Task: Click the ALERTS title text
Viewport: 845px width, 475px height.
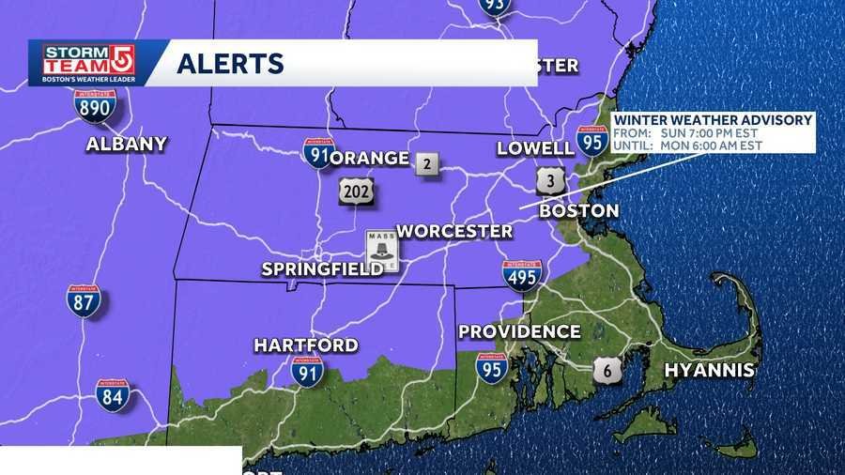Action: (x=230, y=64)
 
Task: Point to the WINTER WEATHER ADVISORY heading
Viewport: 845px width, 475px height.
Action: (x=714, y=120)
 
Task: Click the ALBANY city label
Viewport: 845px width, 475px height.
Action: (x=126, y=144)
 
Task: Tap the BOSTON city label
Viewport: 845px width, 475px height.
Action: (x=578, y=211)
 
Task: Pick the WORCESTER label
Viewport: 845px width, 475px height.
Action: (x=454, y=231)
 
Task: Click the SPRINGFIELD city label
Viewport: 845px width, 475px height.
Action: (x=321, y=269)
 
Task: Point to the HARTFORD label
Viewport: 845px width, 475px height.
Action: (x=306, y=345)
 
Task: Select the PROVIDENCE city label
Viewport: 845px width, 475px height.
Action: (x=519, y=331)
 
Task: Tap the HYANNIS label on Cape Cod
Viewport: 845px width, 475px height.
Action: (x=709, y=370)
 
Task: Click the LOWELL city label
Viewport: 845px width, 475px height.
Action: (x=536, y=148)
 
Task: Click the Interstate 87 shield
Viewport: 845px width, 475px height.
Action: (x=83, y=300)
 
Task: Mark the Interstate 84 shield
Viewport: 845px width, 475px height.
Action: (x=113, y=395)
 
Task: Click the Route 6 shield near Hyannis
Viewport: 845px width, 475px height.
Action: (x=607, y=370)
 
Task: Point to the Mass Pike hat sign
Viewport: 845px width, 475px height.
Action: (x=382, y=251)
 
